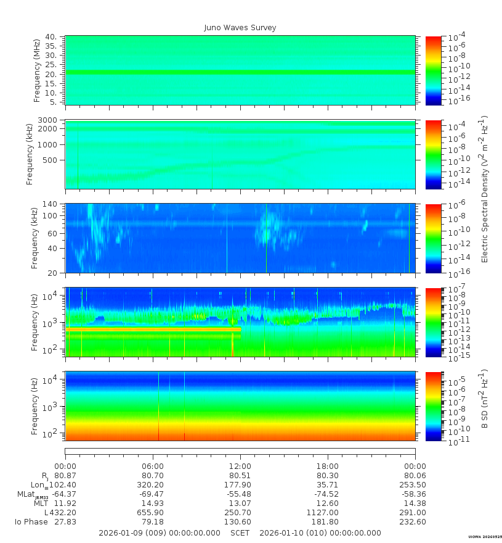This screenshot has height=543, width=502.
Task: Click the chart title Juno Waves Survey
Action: click(240, 28)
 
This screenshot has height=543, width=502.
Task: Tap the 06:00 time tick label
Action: click(153, 466)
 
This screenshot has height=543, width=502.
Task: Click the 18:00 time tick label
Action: click(328, 466)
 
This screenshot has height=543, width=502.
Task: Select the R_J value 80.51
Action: click(240, 476)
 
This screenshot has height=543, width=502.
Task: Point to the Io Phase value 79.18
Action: click(153, 522)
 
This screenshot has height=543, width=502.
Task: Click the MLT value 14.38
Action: click(415, 503)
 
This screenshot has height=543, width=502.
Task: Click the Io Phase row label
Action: click(31, 522)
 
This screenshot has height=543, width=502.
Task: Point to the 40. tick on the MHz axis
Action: click(51, 36)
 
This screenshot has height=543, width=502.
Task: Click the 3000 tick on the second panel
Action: click(47, 120)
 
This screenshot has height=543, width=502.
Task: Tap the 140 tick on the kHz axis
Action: click(50, 204)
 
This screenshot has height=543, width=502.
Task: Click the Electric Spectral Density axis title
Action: click(484, 189)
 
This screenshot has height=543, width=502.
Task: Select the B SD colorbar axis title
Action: click(484, 399)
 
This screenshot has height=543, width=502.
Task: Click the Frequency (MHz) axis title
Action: click(36, 70)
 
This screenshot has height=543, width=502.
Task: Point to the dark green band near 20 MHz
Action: click(240, 72)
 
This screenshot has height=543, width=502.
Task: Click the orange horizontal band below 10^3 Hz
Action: click(153, 330)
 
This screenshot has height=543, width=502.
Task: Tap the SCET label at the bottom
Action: click(240, 533)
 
